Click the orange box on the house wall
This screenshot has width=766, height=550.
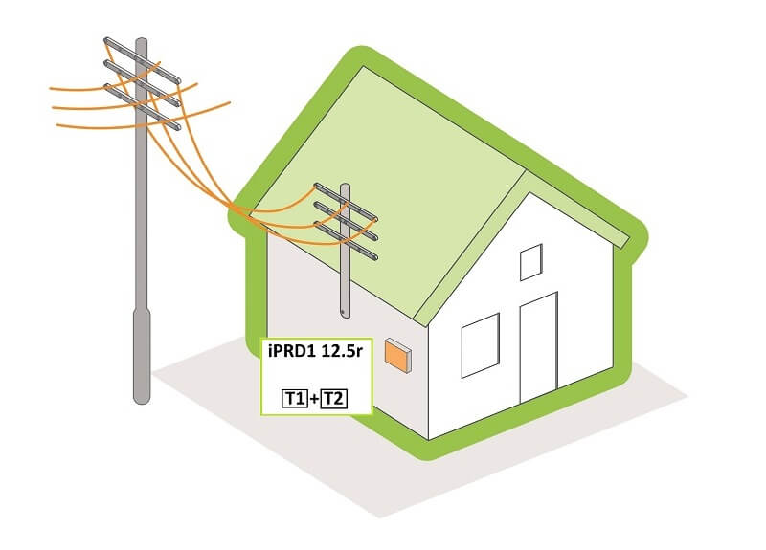coord(397,356)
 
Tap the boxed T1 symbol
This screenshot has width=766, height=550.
coord(295,399)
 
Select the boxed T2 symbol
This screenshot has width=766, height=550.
coord(333,399)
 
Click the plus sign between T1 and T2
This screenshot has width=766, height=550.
coord(314,399)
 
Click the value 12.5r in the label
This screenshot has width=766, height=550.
coord(342,351)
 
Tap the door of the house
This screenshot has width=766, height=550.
coord(538,347)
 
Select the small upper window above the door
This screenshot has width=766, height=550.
coord(531,262)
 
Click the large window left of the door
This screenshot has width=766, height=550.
coord(481,345)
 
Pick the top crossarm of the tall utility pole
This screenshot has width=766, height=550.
coord(142,59)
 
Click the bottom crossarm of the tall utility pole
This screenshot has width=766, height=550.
coord(142,107)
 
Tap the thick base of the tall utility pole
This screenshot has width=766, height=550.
coord(142,356)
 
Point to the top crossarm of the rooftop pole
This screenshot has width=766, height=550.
coord(346,202)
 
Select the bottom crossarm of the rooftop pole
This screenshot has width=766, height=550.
coord(346,241)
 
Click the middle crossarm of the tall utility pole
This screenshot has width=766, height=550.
coord(142,83)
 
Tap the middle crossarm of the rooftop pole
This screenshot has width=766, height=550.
coord(346,222)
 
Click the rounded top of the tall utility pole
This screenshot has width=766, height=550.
coord(142,42)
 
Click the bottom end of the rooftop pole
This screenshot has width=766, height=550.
coord(345,316)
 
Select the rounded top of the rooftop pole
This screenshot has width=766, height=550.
coord(346,187)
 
